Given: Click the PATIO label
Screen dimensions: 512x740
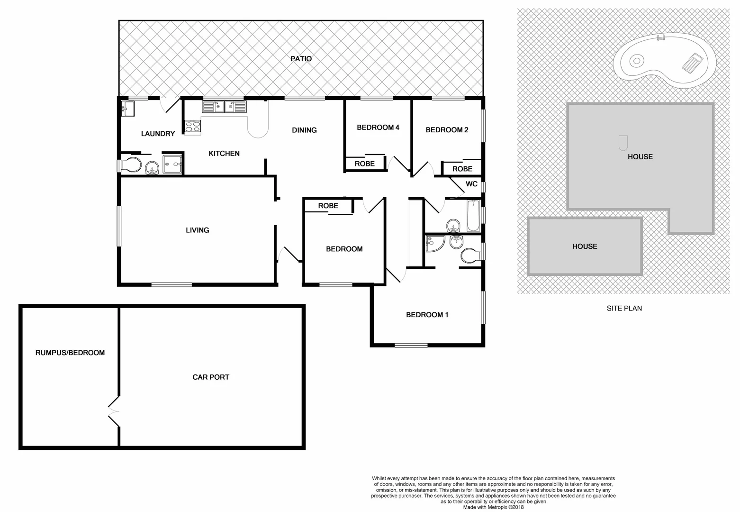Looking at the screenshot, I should tap(301, 59).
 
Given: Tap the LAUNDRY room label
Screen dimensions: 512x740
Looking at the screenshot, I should tap(158, 134).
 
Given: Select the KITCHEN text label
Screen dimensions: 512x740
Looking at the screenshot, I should tap(224, 153).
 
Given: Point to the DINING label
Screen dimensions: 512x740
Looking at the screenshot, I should tap(304, 130).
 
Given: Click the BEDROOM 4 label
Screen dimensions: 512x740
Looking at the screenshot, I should tap(378, 127).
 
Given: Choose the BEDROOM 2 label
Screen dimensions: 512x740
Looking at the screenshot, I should tap(447, 130).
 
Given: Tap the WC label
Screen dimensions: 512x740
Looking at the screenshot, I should tap(471, 184).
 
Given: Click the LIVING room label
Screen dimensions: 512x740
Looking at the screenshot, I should tap(197, 230).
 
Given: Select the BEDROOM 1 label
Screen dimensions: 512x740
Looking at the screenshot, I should tap(427, 315).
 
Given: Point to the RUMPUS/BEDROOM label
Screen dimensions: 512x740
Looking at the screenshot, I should tap(70, 353).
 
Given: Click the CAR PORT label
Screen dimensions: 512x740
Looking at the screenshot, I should tap(211, 377).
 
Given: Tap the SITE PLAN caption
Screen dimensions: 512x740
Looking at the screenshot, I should tap(624, 308).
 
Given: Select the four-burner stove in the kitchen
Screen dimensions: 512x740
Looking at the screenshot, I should tap(193, 127).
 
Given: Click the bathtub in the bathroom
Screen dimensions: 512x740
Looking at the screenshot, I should tap(473, 216).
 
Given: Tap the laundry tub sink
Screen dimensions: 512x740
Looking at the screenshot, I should tap(128, 109).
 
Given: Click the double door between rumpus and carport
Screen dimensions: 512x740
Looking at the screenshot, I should tap(114, 411).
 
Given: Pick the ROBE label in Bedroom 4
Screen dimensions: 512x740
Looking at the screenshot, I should tap(364, 164).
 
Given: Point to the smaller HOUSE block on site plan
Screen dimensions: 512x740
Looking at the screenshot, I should tap(585, 247).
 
